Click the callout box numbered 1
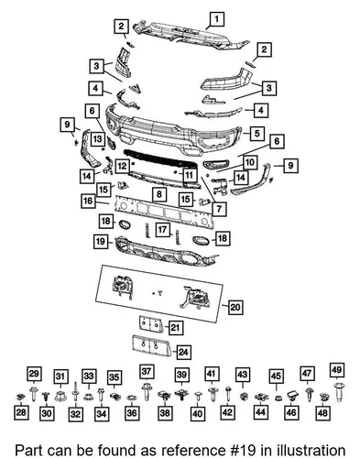pyautogui.click(x=216, y=19)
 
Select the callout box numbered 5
pyautogui.click(x=256, y=133)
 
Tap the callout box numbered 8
pyautogui.click(x=159, y=194)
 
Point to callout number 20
pyautogui.click(x=235, y=307)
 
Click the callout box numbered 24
pyautogui.click(x=183, y=352)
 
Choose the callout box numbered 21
pyautogui.click(x=175, y=328)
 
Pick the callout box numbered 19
pyautogui.click(x=101, y=242)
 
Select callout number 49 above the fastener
pyautogui.click(x=336, y=370)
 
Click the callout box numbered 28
pyautogui.click(x=21, y=412)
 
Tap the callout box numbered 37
pyautogui.click(x=147, y=372)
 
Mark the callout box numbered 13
pyautogui.click(x=97, y=139)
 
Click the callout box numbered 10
pyautogui.click(x=250, y=162)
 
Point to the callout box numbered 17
pyautogui.click(x=162, y=229)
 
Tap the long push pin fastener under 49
pyautogui.click(x=337, y=392)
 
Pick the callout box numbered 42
pyautogui.click(x=227, y=412)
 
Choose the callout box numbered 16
pyautogui.click(x=89, y=201)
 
